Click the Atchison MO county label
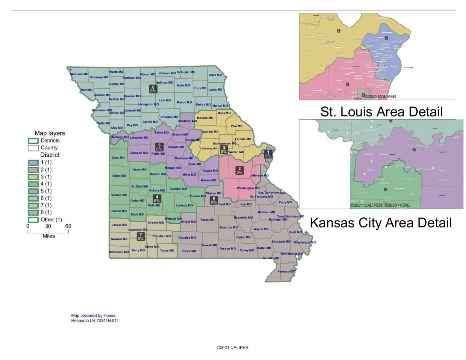click(79, 74)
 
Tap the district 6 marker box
click(153, 89)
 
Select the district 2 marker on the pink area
click(239, 170)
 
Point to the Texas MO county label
click(207, 220)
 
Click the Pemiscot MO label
click(287, 271)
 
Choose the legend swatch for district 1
click(33, 162)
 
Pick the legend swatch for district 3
click(33, 177)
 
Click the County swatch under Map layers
click(33, 148)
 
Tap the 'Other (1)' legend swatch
click(33, 220)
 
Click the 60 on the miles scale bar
click(68, 226)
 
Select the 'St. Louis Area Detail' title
click(381, 112)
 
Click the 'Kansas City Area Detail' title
click(381, 223)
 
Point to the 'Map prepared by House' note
click(93, 315)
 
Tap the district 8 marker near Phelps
click(214, 200)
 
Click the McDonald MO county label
click(119, 252)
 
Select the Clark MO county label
click(215, 75)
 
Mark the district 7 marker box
click(141, 237)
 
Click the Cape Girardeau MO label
click(290, 216)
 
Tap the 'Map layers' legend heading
click(50, 133)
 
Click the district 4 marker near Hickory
click(157, 199)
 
